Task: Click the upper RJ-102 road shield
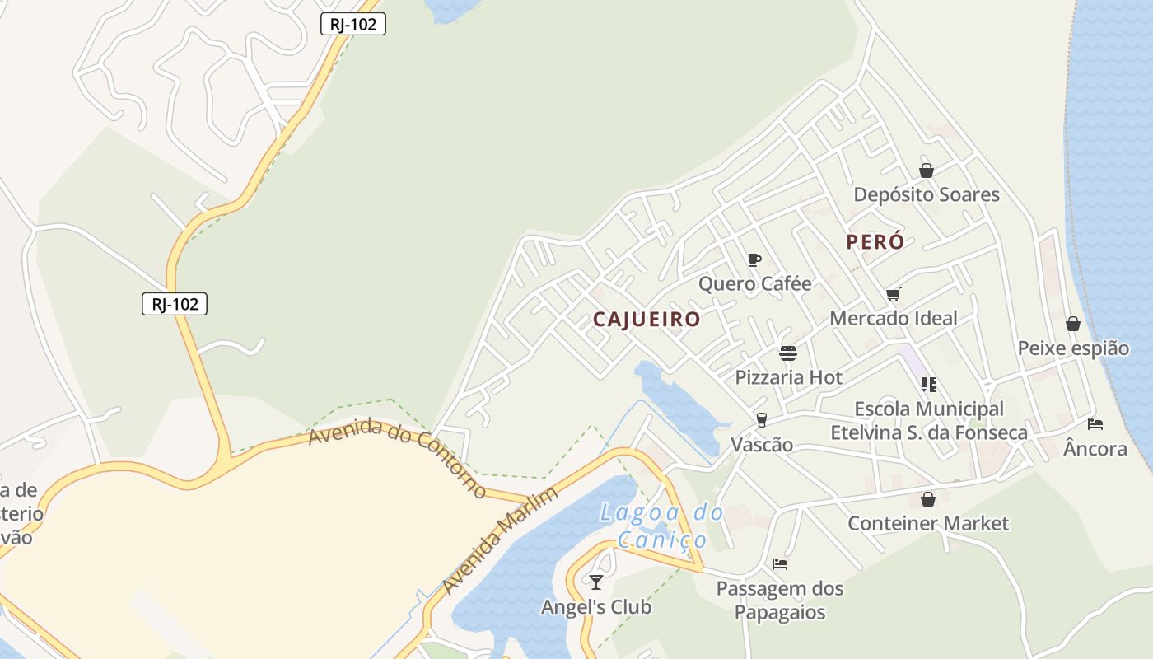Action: pyautogui.click(x=352, y=24)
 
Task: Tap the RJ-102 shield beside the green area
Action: pyautogui.click(x=175, y=304)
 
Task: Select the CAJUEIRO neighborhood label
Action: pyautogui.click(x=647, y=320)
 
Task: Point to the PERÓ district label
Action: pyautogui.click(x=875, y=242)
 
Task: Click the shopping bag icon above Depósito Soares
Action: pyautogui.click(x=927, y=171)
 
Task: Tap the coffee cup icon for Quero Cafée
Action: pyautogui.click(x=754, y=260)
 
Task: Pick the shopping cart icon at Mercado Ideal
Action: pyautogui.click(x=894, y=294)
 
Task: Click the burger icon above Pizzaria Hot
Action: pyautogui.click(x=788, y=353)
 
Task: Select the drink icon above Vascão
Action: pyautogui.click(x=762, y=420)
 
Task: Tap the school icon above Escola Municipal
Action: pyautogui.click(x=929, y=384)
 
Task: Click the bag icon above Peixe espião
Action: pyautogui.click(x=1072, y=324)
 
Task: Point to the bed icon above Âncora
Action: pyautogui.click(x=1095, y=424)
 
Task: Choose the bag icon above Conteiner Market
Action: pyautogui.click(x=928, y=499)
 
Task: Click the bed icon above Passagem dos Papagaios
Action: pyautogui.click(x=780, y=564)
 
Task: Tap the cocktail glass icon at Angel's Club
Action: pyautogui.click(x=596, y=582)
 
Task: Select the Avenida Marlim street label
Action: pyautogui.click(x=500, y=540)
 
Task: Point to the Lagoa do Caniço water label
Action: pyautogui.click(x=662, y=526)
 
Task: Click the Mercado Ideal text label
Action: pyautogui.click(x=894, y=318)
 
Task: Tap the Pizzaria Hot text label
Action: pyautogui.click(x=788, y=377)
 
